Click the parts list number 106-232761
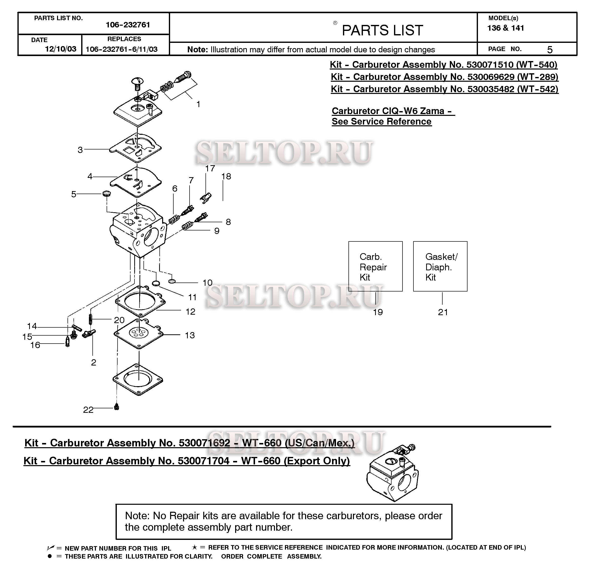point(128,25)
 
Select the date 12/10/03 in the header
point(61,49)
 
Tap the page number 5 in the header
point(550,50)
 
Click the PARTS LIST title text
point(382,30)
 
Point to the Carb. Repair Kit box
point(375,266)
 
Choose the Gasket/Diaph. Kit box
point(440,266)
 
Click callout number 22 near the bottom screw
point(88,410)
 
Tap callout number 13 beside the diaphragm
point(190,335)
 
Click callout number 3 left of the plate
point(80,150)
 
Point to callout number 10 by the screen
point(207,283)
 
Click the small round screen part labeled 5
point(106,194)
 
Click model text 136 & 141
point(506,28)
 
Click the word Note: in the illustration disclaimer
point(198,50)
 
